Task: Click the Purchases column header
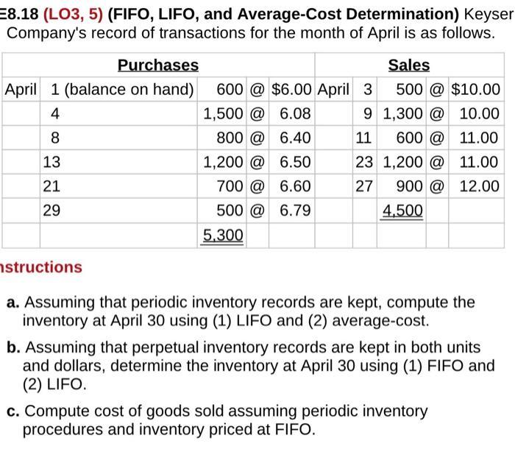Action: pyautogui.click(x=157, y=65)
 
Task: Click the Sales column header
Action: pyautogui.click(x=409, y=65)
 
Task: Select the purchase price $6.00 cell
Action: pyautogui.click(x=291, y=90)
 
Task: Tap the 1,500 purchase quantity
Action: pyautogui.click(x=224, y=114)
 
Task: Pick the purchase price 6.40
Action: pyautogui.click(x=294, y=138)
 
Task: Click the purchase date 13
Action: pyautogui.click(x=51, y=162)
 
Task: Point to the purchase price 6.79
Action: pyautogui.click(x=294, y=211)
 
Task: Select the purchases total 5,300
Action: pyautogui.click(x=224, y=235)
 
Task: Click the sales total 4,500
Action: pyautogui.click(x=403, y=211)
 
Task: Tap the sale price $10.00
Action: pyautogui.click(x=475, y=90)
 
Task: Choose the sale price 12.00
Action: pyautogui.click(x=479, y=186)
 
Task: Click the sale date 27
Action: pyautogui.click(x=364, y=186)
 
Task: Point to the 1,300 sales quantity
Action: pyautogui.click(x=403, y=114)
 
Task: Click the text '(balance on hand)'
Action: pyautogui.click(x=129, y=90)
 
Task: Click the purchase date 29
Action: pyautogui.click(x=51, y=211)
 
